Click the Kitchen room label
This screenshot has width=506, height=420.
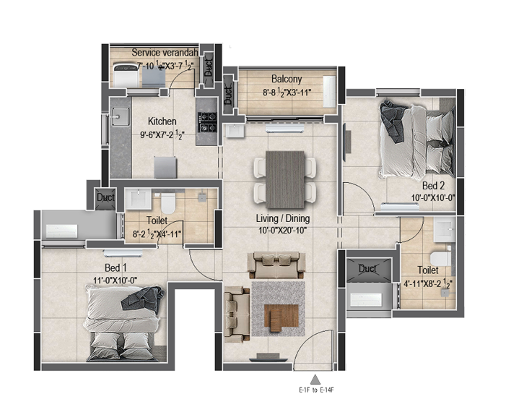tap(162, 121)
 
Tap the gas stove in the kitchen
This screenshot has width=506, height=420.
tap(207, 122)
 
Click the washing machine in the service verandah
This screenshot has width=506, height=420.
tap(126, 75)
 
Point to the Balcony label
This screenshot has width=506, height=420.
tap(287, 79)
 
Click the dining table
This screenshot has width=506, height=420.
tap(285, 179)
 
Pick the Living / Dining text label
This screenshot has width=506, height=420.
tap(283, 219)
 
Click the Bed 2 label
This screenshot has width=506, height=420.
tap(433, 186)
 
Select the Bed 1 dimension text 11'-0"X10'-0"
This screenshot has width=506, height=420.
tap(115, 280)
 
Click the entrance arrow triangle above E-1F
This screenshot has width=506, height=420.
tap(315, 380)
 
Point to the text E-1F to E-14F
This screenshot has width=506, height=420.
tap(316, 390)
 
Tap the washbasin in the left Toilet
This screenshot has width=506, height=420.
tap(138, 199)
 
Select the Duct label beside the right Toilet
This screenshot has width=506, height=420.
tap(367, 268)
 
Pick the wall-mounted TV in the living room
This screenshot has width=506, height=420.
tap(269, 358)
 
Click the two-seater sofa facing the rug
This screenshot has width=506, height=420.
tap(276, 265)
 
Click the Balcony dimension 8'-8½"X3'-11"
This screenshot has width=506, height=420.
tap(287, 93)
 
